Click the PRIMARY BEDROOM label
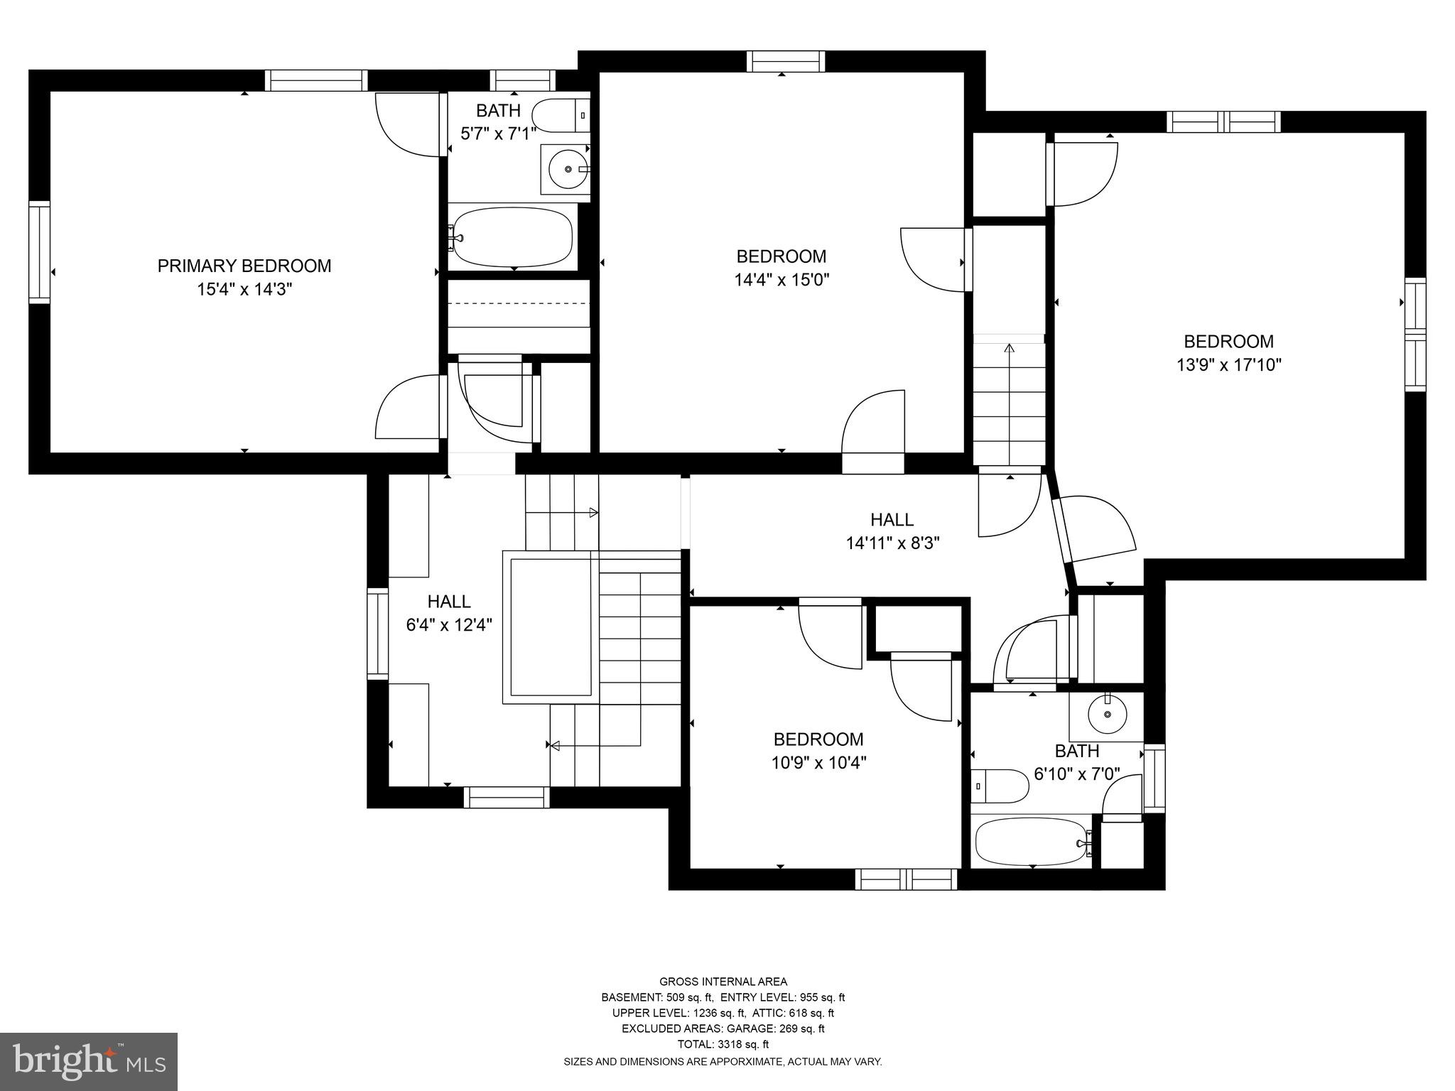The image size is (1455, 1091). (244, 266)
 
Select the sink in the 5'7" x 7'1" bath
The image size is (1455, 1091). (566, 169)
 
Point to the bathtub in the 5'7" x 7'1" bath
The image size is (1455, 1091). (512, 236)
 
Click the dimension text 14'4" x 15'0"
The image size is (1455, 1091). (781, 280)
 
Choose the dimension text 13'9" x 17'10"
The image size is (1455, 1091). (1228, 365)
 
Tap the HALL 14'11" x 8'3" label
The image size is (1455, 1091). (892, 531)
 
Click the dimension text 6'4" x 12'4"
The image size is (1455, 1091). (449, 625)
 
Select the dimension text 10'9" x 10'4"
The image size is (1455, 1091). (818, 763)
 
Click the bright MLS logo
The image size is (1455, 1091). (89, 1062)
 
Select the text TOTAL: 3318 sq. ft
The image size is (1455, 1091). (723, 1044)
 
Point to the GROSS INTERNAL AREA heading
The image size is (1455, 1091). (723, 982)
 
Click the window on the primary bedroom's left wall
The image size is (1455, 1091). (40, 252)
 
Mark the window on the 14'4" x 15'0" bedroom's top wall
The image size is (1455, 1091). (786, 62)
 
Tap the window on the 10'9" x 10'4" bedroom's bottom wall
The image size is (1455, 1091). (907, 879)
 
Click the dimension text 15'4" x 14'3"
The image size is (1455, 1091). (244, 289)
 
